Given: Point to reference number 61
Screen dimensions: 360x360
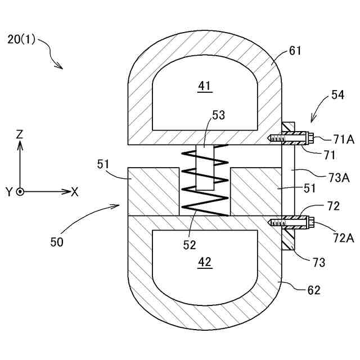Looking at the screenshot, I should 295,51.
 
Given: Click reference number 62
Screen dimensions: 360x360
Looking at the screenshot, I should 313,290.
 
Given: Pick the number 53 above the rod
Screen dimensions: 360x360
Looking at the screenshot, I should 218,115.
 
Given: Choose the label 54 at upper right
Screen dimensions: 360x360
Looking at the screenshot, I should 337,95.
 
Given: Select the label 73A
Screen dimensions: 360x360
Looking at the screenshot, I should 339,178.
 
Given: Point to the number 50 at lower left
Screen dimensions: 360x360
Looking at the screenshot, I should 56,242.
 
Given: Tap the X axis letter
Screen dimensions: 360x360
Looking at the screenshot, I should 74,192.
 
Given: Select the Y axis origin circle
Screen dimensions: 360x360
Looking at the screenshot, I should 20,192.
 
